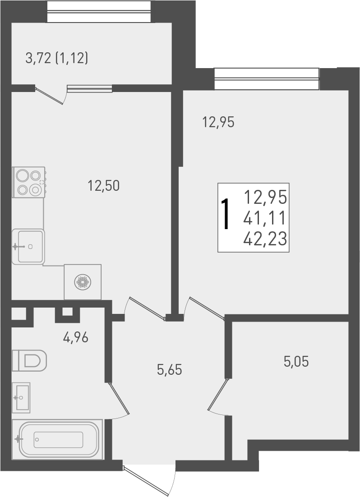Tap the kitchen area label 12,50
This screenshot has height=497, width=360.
(x=104, y=185)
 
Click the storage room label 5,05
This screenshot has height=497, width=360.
(x=296, y=361)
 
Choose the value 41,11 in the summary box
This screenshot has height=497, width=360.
(x=265, y=219)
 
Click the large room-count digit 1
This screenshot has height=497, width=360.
(x=226, y=216)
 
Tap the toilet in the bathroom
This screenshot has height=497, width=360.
(x=30, y=360)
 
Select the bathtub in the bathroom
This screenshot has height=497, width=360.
(x=58, y=440)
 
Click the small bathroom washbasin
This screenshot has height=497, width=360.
(x=21, y=397)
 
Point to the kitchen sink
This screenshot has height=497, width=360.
(x=28, y=246)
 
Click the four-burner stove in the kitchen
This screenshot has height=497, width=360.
(x=29, y=182)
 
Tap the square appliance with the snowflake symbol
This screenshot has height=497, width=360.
(x=83, y=282)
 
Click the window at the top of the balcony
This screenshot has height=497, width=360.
(x=98, y=12)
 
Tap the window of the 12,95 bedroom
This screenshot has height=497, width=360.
(x=267, y=79)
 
